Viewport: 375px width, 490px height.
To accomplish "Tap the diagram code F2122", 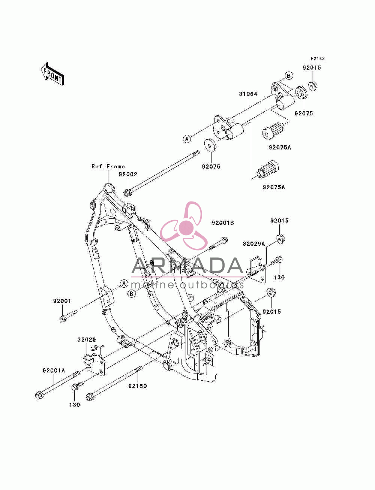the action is pos(317,59).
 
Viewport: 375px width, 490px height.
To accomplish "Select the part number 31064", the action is pos(248,94).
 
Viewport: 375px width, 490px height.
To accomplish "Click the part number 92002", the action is pos(128,174).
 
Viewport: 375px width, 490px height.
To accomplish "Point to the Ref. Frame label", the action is pos(108,166).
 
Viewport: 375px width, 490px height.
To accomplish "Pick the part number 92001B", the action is pos(223,223).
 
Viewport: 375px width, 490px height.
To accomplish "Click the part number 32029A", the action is pos(253,244).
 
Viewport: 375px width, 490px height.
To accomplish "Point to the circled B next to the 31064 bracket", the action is pos(289,76).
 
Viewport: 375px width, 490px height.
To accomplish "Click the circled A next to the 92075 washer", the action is pos(187,139).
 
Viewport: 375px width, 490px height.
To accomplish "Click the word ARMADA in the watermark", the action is pos(187,266).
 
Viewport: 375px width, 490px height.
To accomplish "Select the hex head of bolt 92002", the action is pos(127,193).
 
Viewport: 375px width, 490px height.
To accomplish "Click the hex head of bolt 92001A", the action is pos(39,396).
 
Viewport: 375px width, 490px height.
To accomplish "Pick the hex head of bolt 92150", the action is pos(90,397).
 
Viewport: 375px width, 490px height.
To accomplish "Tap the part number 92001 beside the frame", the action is pos(62,301).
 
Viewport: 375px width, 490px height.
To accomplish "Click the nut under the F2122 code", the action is pos(313,86).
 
